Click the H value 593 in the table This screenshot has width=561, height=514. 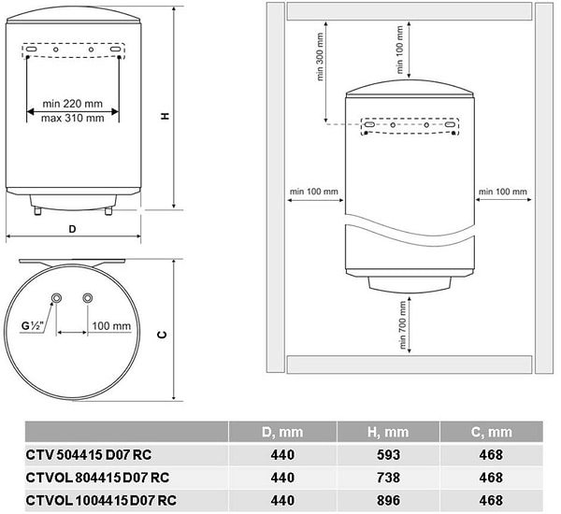pos(388,454)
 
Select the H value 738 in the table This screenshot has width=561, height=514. pos(388,478)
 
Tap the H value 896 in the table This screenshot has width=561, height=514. pos(388,500)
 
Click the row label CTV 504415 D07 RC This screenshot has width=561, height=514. pos(89,454)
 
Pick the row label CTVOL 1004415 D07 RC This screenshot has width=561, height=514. pos(101,500)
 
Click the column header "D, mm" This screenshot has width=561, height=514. pos(282,432)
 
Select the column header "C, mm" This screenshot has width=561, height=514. pos(491,432)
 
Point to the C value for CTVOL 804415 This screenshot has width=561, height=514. pos(491,478)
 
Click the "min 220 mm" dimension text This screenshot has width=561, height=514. pos(73,104)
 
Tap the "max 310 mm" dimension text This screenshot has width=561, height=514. pos(73,118)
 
